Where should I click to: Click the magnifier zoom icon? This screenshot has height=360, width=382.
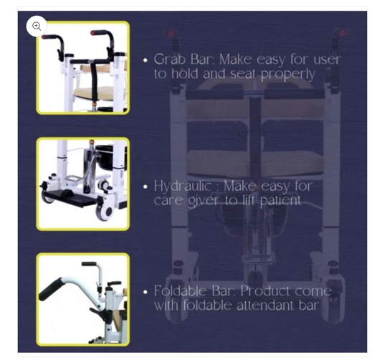coord(37,26)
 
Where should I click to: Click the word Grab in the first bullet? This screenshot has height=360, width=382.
coord(170,60)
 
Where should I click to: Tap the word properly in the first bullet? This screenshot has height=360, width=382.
coord(288,75)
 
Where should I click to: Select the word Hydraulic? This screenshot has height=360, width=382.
coord(183,186)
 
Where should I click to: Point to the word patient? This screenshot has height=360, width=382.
coord(280,201)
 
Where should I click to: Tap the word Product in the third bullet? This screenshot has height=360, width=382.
coord(264,290)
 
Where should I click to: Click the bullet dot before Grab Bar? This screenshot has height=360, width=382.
coord(145,60)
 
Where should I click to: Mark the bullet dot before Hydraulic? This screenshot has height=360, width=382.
coord(145,187)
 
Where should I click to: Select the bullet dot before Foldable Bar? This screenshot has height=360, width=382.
coord(145,292)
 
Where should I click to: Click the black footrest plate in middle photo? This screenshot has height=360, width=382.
coord(71,198)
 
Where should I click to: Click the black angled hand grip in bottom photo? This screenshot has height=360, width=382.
coord(51,289)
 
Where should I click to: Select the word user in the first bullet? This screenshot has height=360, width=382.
coord(328,60)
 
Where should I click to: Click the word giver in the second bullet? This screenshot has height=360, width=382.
coord(204,201)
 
